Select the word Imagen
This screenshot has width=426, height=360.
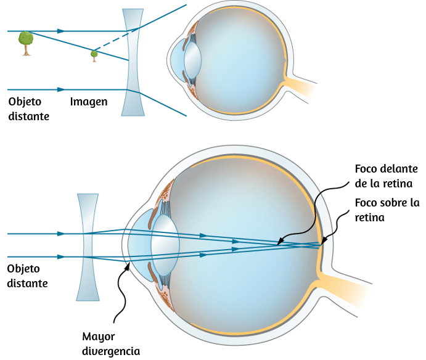click(x=89, y=102)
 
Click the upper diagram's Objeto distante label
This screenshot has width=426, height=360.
click(x=29, y=108)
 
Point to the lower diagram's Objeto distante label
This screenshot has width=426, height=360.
click(x=28, y=276)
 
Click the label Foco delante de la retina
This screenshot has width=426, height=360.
click(x=386, y=176)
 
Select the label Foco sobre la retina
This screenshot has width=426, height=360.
click(x=387, y=210)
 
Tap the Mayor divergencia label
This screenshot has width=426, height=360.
click(x=111, y=344)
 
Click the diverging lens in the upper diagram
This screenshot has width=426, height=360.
click(x=133, y=62)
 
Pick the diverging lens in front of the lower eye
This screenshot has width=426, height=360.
click(x=88, y=247)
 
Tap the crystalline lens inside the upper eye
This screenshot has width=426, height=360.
click(x=192, y=60)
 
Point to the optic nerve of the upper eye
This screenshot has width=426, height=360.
click(x=299, y=86)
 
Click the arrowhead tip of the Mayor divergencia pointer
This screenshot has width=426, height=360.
click(x=128, y=264)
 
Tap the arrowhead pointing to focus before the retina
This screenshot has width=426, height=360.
click(x=277, y=245)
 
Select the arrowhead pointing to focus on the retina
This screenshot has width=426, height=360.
click(x=321, y=245)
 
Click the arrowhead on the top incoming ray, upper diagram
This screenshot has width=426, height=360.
click(x=61, y=31)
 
